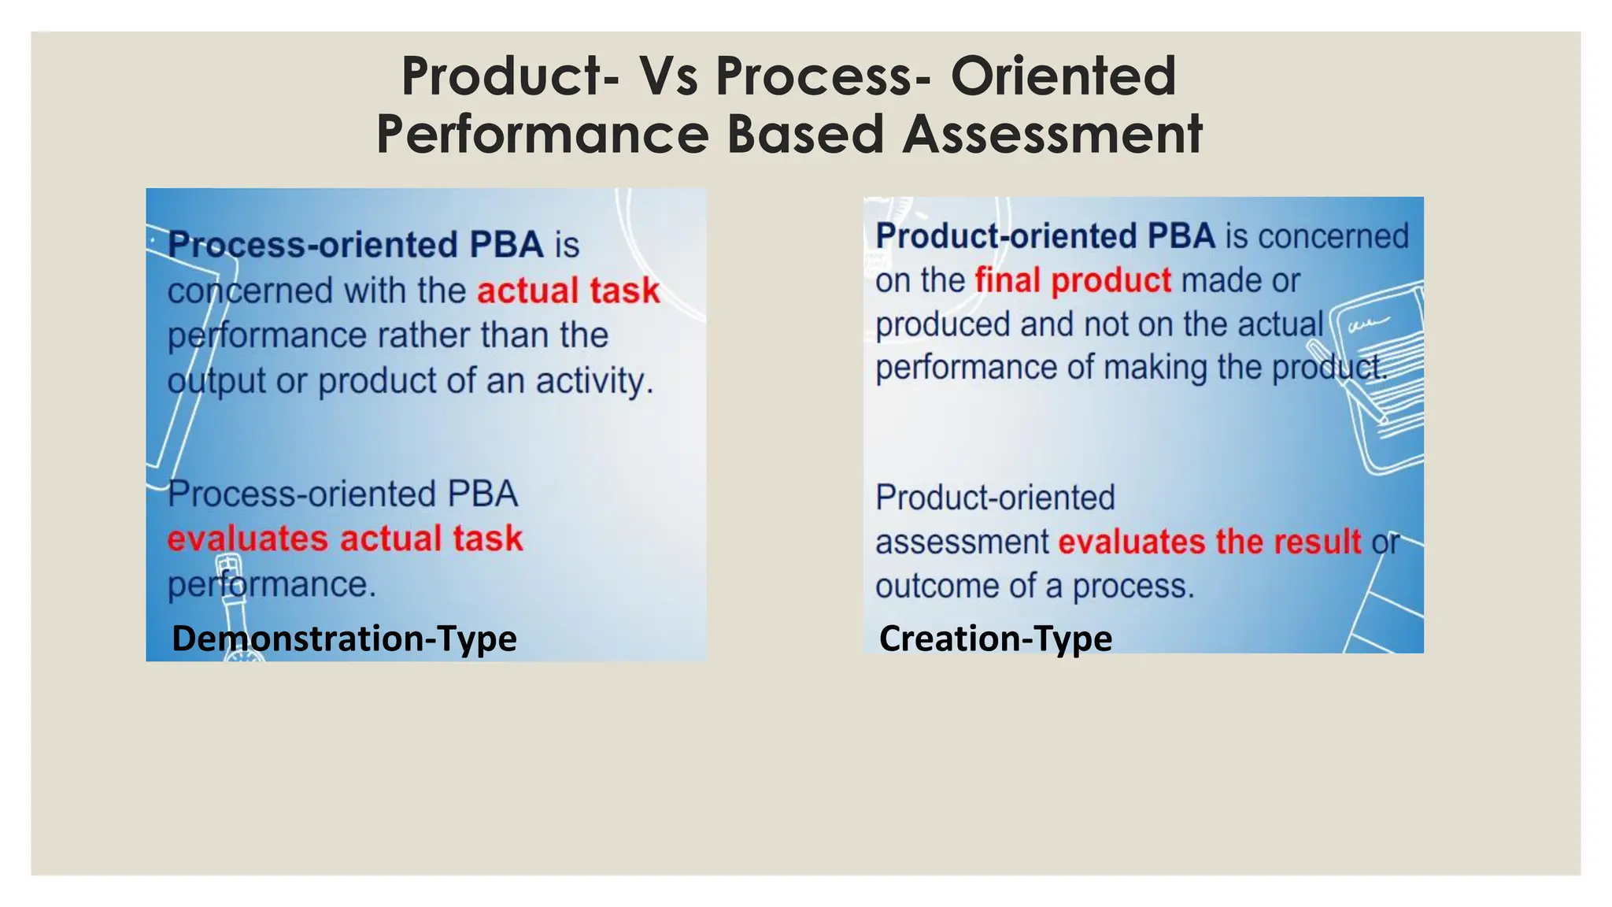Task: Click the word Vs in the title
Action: [667, 76]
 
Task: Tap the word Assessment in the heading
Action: [1052, 135]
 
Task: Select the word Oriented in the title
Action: [1063, 76]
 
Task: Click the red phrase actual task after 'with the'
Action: [568, 291]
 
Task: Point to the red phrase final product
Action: [1073, 280]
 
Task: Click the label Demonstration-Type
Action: [344, 638]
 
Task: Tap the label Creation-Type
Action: [995, 638]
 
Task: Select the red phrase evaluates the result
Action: [1209, 542]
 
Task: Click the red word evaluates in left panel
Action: [247, 539]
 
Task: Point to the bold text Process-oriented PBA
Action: [355, 245]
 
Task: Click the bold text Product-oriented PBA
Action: [1045, 236]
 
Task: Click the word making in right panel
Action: [1155, 368]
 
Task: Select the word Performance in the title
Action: [542, 135]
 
